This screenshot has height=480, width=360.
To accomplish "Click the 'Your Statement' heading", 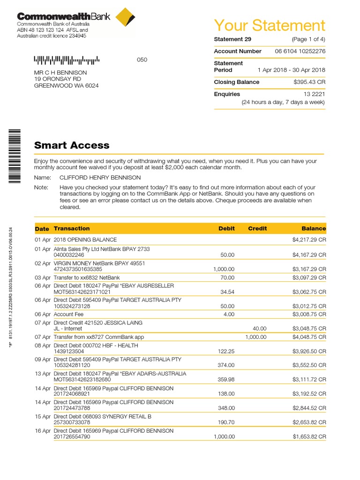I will (x=269, y=25).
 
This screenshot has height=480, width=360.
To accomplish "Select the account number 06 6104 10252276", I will (x=300, y=51).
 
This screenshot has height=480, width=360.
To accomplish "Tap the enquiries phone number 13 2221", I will (x=314, y=94).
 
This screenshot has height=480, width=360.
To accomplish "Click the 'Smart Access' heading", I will (x=72, y=145).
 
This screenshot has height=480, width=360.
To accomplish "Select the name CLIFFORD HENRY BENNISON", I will (x=100, y=178).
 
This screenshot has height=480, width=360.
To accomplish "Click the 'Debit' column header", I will (x=226, y=229).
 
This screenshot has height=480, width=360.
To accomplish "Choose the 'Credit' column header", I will (x=257, y=229).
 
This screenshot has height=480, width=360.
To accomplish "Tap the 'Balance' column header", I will (x=314, y=229).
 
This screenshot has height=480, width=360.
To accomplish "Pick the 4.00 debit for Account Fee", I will (x=229, y=315).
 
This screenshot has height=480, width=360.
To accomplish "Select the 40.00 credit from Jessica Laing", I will (x=259, y=329).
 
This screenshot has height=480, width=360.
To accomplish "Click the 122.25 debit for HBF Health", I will (x=226, y=351).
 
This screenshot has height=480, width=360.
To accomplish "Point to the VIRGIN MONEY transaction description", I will (x=99, y=263).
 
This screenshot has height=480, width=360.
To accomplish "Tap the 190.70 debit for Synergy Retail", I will (x=226, y=423).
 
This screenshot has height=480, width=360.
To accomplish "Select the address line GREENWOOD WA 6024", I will (x=66, y=86).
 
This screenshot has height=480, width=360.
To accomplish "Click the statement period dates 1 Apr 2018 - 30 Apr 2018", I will (x=291, y=70).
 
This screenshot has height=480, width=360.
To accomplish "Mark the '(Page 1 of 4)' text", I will (x=308, y=39).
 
